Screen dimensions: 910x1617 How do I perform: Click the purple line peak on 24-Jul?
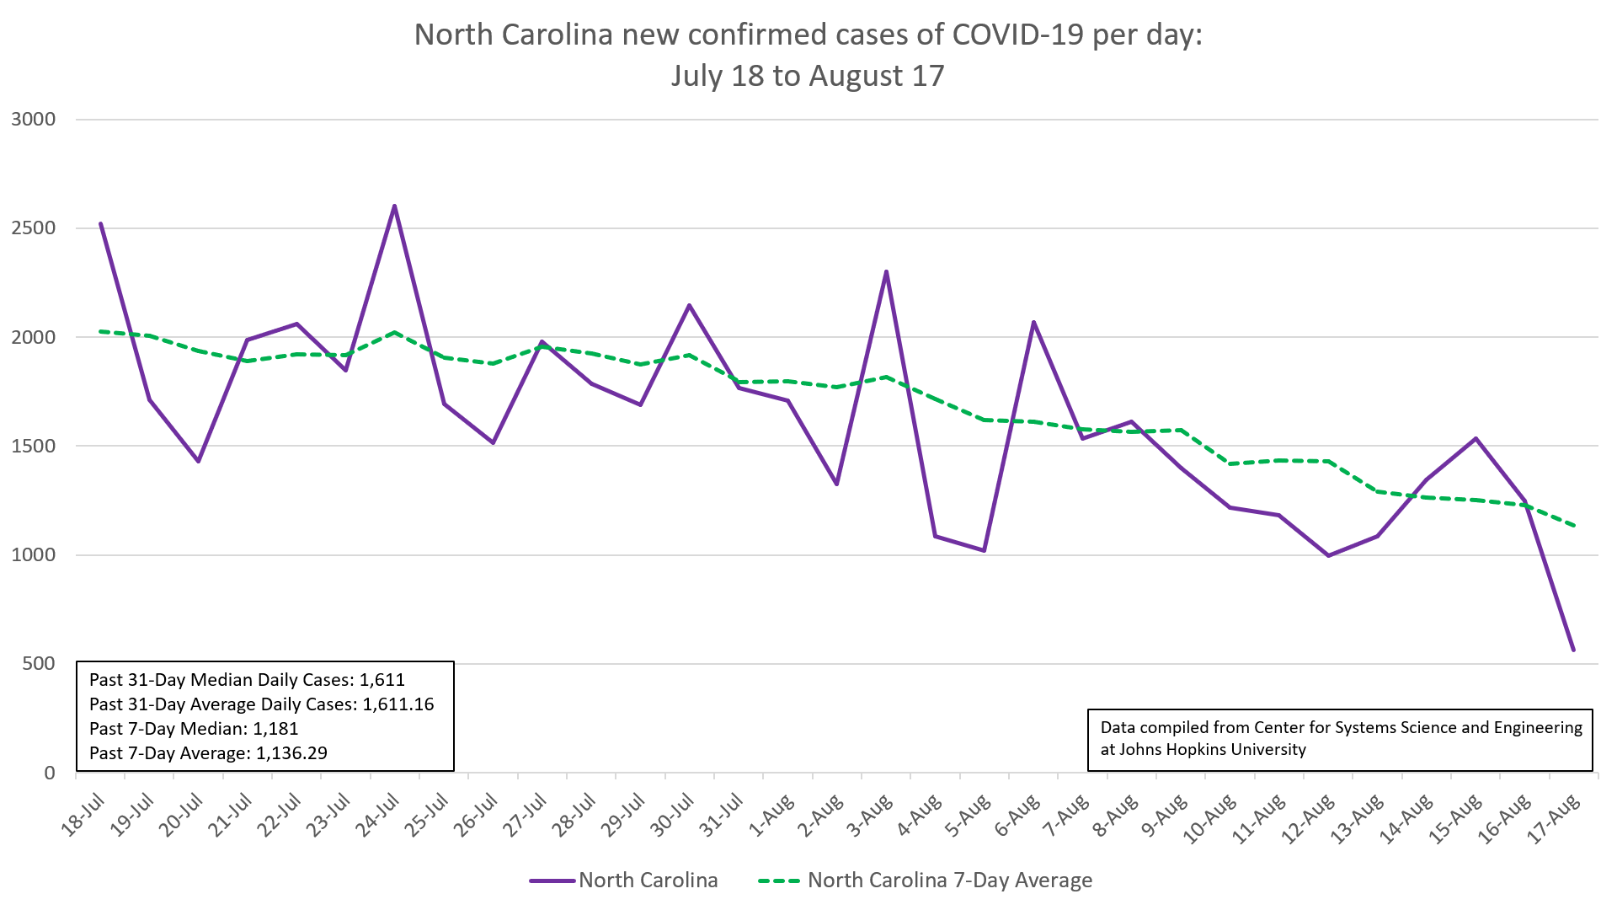point(394,206)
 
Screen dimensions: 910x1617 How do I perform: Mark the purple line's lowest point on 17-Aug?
point(1573,650)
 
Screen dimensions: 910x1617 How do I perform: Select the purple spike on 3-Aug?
point(886,271)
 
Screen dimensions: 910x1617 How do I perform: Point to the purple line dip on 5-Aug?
point(984,550)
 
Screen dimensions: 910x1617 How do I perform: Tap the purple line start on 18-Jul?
point(100,224)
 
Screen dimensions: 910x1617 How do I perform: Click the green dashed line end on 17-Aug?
point(1573,526)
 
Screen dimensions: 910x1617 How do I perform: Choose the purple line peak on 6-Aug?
point(1033,322)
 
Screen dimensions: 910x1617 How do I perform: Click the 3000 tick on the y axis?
point(34,120)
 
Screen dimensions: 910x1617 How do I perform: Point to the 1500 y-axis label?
point(34,446)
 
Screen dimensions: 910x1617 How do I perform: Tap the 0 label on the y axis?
point(50,773)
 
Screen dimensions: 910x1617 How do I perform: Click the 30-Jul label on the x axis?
point(674,816)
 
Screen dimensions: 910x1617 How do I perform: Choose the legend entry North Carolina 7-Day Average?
point(949,881)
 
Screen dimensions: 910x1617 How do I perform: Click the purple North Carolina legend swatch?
point(552,881)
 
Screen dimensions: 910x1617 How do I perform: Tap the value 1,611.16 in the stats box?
point(398,704)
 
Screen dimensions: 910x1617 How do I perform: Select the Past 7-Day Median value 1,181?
point(275,729)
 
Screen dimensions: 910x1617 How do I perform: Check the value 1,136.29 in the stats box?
point(291,753)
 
